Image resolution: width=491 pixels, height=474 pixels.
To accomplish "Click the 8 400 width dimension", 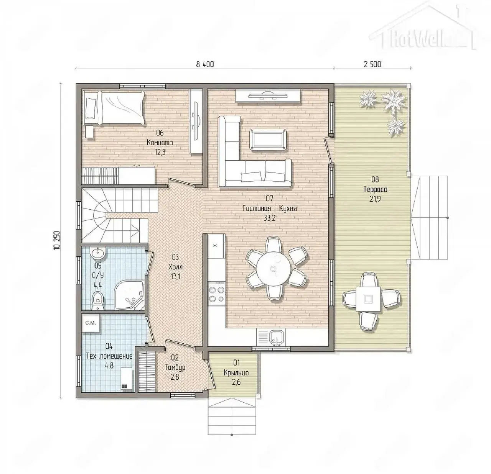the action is click(x=205, y=64).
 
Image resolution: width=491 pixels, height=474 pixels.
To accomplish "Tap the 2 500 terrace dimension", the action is click(x=372, y=64).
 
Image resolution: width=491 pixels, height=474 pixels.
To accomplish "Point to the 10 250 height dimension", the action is click(x=57, y=240).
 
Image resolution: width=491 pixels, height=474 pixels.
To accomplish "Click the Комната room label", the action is click(x=160, y=143).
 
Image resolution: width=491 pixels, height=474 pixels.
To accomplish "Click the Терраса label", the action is click(x=375, y=189).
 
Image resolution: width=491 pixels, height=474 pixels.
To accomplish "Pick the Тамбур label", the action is click(x=175, y=367).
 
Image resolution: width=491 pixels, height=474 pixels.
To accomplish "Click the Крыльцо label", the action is click(x=236, y=373).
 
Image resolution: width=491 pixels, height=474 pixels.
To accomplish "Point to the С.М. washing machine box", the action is click(x=90, y=323).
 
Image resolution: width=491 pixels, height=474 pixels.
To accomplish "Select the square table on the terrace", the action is click(x=368, y=299).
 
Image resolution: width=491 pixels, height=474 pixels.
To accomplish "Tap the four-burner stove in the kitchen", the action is click(x=217, y=294).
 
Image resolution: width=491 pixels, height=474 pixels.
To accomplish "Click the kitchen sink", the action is click(x=277, y=338).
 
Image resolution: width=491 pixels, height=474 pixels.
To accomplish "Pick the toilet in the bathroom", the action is click(x=97, y=301).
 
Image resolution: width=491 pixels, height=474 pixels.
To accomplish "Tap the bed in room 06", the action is click(x=115, y=108).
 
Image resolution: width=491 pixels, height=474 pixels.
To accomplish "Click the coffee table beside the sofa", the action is click(x=268, y=139).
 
